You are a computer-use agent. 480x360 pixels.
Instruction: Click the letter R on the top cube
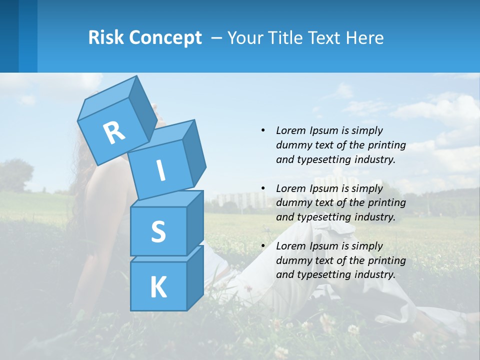point(114,133)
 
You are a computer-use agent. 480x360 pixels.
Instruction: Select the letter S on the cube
point(158,231)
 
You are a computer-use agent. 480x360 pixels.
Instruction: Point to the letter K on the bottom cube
point(158,287)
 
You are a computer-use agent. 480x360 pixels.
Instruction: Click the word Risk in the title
point(106,37)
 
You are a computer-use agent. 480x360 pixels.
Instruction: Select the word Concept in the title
point(165,37)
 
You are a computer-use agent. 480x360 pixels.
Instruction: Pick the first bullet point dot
point(263,130)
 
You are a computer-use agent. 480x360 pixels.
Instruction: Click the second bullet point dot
point(263,188)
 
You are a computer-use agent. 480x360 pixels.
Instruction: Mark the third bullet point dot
point(263,246)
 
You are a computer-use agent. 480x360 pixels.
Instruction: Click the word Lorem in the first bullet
point(289,130)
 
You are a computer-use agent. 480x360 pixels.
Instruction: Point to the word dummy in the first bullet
point(291,145)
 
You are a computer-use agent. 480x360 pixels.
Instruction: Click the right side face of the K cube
point(195,277)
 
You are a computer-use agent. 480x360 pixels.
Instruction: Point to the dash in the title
point(217,38)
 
